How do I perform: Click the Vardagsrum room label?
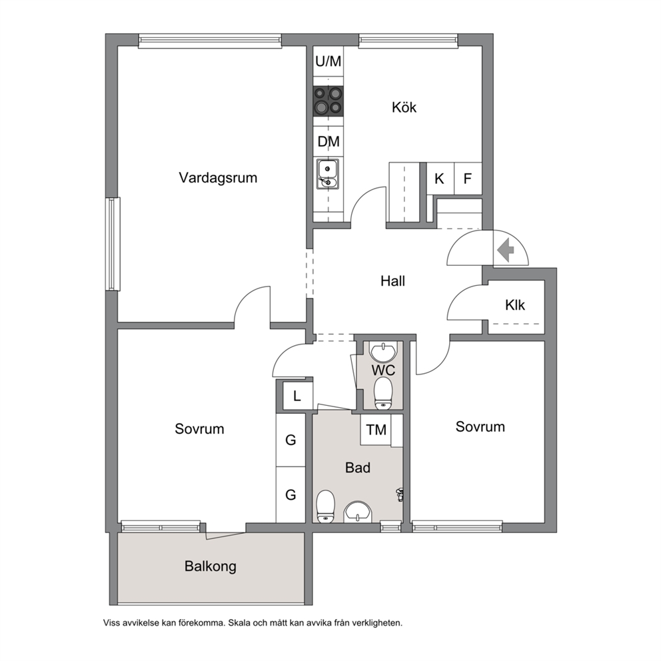(218, 178)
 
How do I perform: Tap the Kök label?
(404, 107)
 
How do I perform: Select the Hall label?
(392, 281)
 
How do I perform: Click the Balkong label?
(211, 566)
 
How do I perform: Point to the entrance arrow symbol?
(506, 250)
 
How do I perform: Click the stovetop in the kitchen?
(328, 101)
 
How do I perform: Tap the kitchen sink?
(328, 174)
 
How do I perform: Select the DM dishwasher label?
(329, 142)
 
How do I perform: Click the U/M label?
(329, 61)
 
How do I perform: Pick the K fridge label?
(439, 179)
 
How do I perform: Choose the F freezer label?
(467, 179)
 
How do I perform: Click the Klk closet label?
(514, 305)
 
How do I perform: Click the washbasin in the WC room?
(383, 353)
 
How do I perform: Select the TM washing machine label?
(376, 430)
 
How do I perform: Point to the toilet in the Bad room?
(325, 506)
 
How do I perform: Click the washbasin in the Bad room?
(357, 512)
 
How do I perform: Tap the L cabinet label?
(297, 396)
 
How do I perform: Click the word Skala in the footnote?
(240, 622)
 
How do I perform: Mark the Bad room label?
(357, 468)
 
